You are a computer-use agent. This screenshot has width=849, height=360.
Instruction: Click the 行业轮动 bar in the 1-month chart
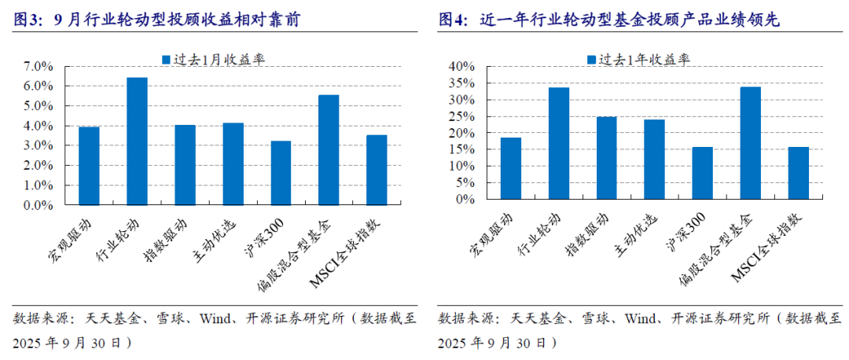pos(137,141)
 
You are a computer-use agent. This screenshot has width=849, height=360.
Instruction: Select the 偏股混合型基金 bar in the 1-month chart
pos(329,150)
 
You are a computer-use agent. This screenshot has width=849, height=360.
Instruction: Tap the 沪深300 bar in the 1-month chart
pos(281,173)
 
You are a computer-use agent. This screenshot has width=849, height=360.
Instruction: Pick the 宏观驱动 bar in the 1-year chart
pos(511,168)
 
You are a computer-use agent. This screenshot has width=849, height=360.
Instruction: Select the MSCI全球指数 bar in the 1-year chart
pos(799,173)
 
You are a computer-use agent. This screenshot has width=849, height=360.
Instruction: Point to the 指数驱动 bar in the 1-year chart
pos(607,158)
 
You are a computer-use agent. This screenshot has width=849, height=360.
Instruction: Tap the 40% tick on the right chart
pos(462,67)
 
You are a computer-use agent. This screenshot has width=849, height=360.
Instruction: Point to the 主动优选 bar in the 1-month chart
pos(233,164)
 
